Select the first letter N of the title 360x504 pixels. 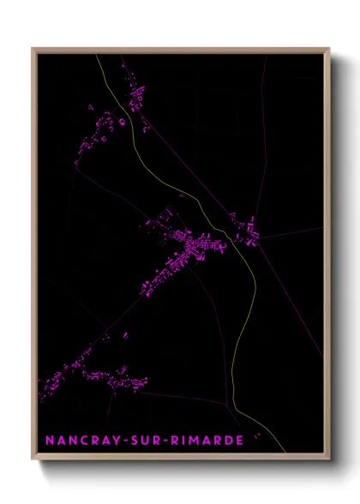pos(48,441)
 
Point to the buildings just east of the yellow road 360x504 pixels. pos(244,230)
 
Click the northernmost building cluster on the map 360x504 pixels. pos(135,94)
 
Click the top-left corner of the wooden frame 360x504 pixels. pos(33,49)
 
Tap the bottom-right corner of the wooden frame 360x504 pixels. pos(329,459)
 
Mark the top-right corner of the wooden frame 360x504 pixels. pos(329,49)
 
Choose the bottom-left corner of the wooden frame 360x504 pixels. pos(33,459)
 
